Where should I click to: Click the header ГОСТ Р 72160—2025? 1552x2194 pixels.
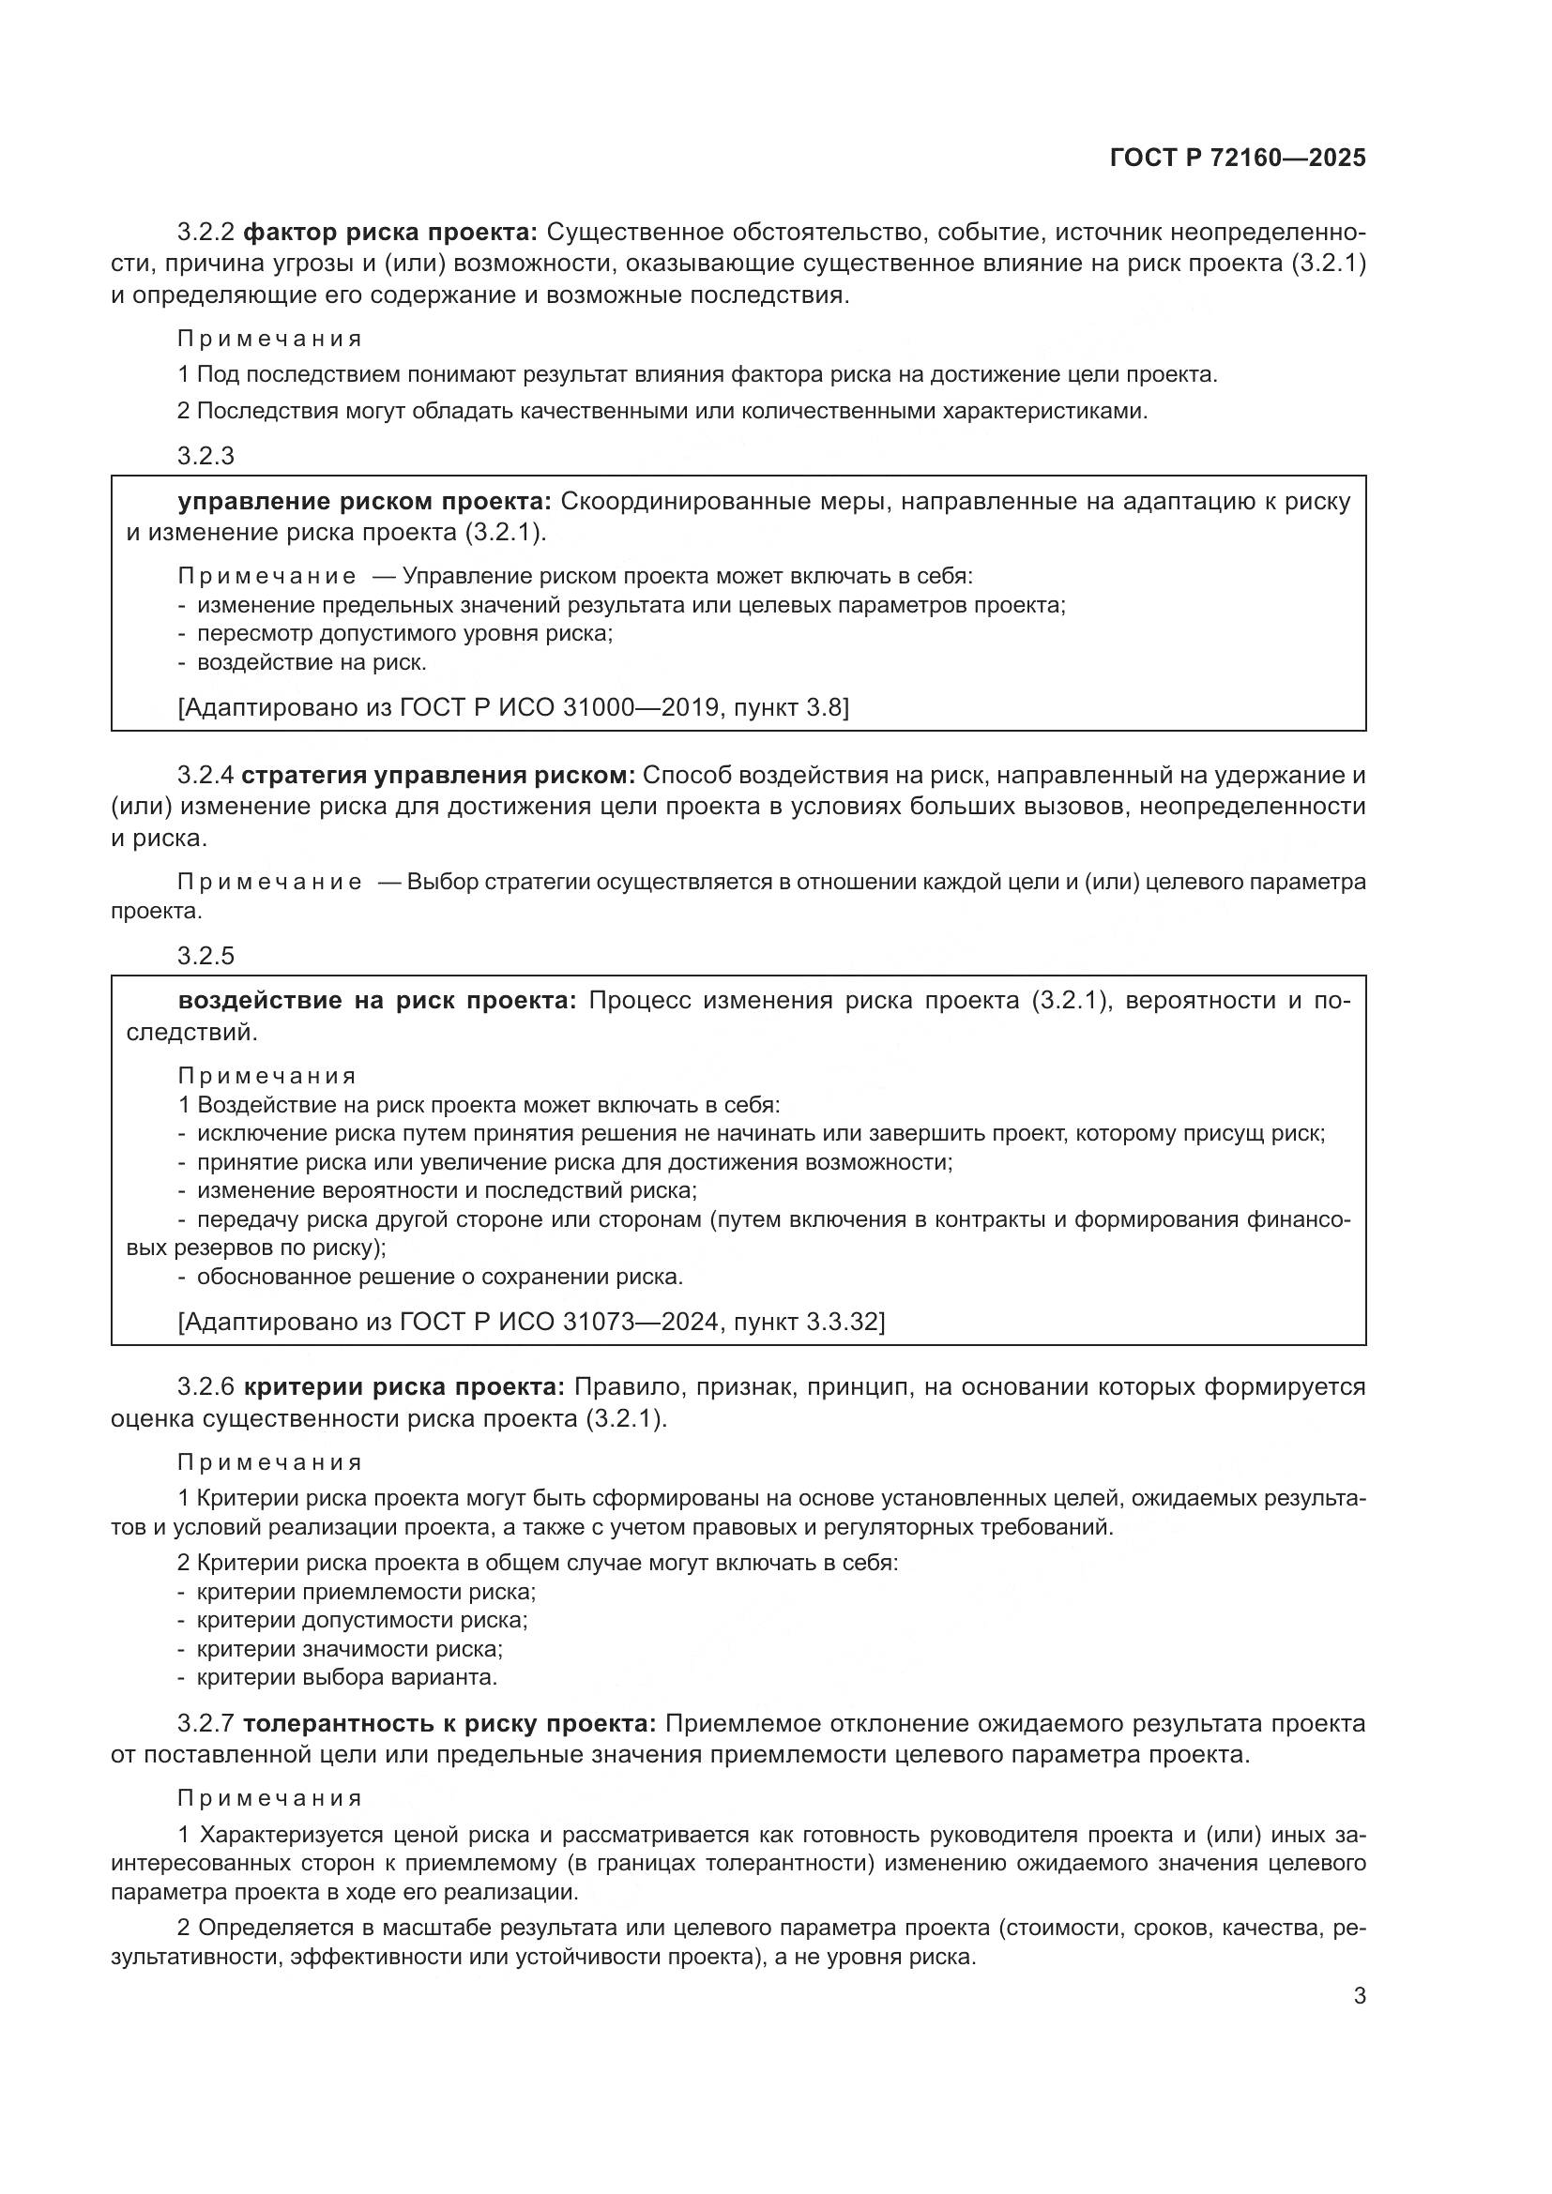tap(1238, 159)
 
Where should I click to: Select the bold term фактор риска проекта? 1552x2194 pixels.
tap(391, 233)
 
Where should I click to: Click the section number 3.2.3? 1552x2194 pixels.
tap(205, 456)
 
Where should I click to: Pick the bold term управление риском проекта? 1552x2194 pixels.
tap(365, 502)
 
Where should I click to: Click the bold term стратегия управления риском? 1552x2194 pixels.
tap(438, 775)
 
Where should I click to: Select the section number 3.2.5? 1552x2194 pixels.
tap(205, 956)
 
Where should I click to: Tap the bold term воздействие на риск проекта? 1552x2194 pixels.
tap(377, 1001)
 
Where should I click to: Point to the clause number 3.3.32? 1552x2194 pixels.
tap(842, 1322)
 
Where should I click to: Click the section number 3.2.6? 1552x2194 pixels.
tap(205, 1386)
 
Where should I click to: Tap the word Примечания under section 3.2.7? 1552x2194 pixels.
tap(270, 1798)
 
